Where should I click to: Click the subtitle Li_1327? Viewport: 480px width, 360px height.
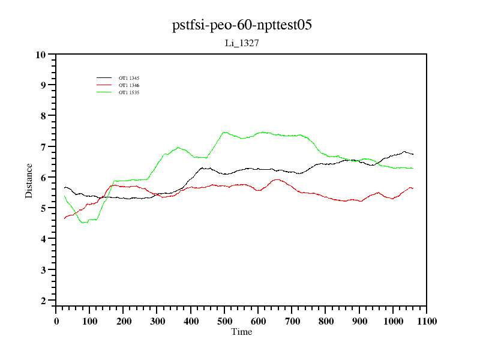[241, 44]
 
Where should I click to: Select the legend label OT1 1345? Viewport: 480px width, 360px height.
[129, 78]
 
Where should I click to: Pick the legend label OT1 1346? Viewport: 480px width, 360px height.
[129, 85]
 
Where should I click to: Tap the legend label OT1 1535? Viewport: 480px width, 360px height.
[129, 92]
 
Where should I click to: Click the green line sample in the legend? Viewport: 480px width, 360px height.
[104, 92]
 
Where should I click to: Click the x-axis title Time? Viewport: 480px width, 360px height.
[242, 332]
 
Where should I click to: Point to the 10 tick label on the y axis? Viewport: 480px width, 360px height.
[41, 55]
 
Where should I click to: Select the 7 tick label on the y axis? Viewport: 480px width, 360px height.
[43, 147]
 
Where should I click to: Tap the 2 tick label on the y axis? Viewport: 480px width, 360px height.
[43, 301]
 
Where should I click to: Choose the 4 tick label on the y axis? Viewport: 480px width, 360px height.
[43, 239]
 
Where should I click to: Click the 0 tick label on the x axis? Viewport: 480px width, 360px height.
[56, 322]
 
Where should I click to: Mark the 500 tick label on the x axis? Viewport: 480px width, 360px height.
[224, 322]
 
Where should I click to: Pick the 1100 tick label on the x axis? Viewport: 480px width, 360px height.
[426, 322]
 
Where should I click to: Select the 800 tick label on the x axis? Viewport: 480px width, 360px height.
[326, 322]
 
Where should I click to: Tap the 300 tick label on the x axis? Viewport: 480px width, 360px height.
[157, 322]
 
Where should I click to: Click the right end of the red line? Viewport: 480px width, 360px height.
[413, 188]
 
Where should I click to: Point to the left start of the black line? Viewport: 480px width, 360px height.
[64, 188]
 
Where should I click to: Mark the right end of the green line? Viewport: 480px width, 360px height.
[413, 168]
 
